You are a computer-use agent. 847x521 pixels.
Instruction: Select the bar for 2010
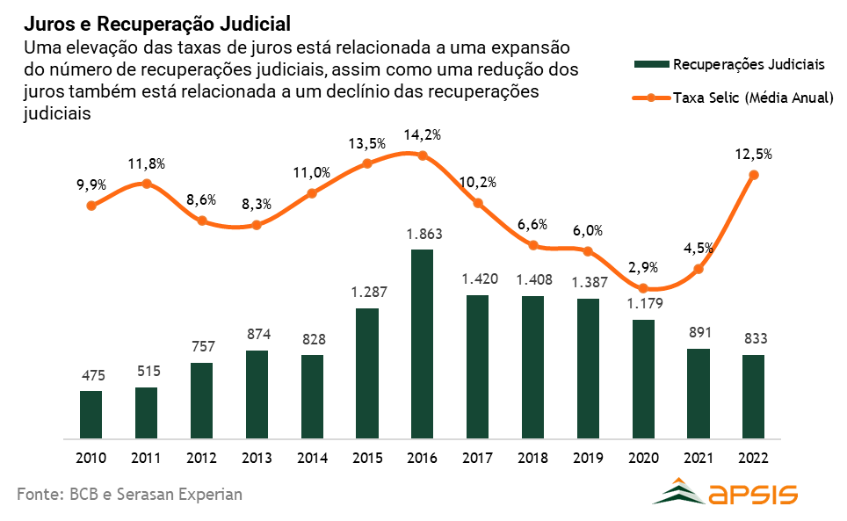[x=90, y=414]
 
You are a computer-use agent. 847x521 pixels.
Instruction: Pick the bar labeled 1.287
[x=366, y=373]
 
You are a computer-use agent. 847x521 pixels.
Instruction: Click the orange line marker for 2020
[x=643, y=288]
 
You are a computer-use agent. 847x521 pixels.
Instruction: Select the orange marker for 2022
[x=753, y=175]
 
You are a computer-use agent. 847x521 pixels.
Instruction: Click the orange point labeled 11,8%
[x=147, y=184]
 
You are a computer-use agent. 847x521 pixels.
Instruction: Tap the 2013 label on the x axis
[x=257, y=458]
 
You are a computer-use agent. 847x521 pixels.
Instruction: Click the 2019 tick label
[x=588, y=458]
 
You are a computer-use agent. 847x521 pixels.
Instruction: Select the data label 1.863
[x=423, y=235]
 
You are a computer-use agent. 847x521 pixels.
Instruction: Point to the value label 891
[x=699, y=333]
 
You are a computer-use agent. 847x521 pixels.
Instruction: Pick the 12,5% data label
[x=754, y=154]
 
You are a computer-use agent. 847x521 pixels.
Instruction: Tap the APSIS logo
[x=725, y=492]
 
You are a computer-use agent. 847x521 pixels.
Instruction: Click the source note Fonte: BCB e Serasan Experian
[x=129, y=495]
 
